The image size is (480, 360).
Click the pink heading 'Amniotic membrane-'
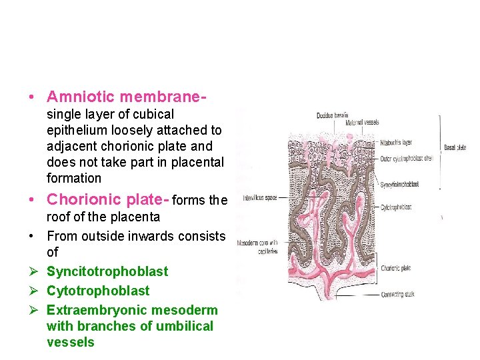point(125,97)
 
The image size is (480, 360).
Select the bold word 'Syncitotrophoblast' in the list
point(107,271)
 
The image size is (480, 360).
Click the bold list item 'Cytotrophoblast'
point(98,291)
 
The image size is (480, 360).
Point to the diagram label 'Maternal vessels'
point(362,123)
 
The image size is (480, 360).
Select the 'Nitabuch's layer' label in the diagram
point(397,142)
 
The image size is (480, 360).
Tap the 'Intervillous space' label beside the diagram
point(259,198)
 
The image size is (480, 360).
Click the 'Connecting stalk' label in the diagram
point(397,294)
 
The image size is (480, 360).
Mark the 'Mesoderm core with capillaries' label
point(257,246)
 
